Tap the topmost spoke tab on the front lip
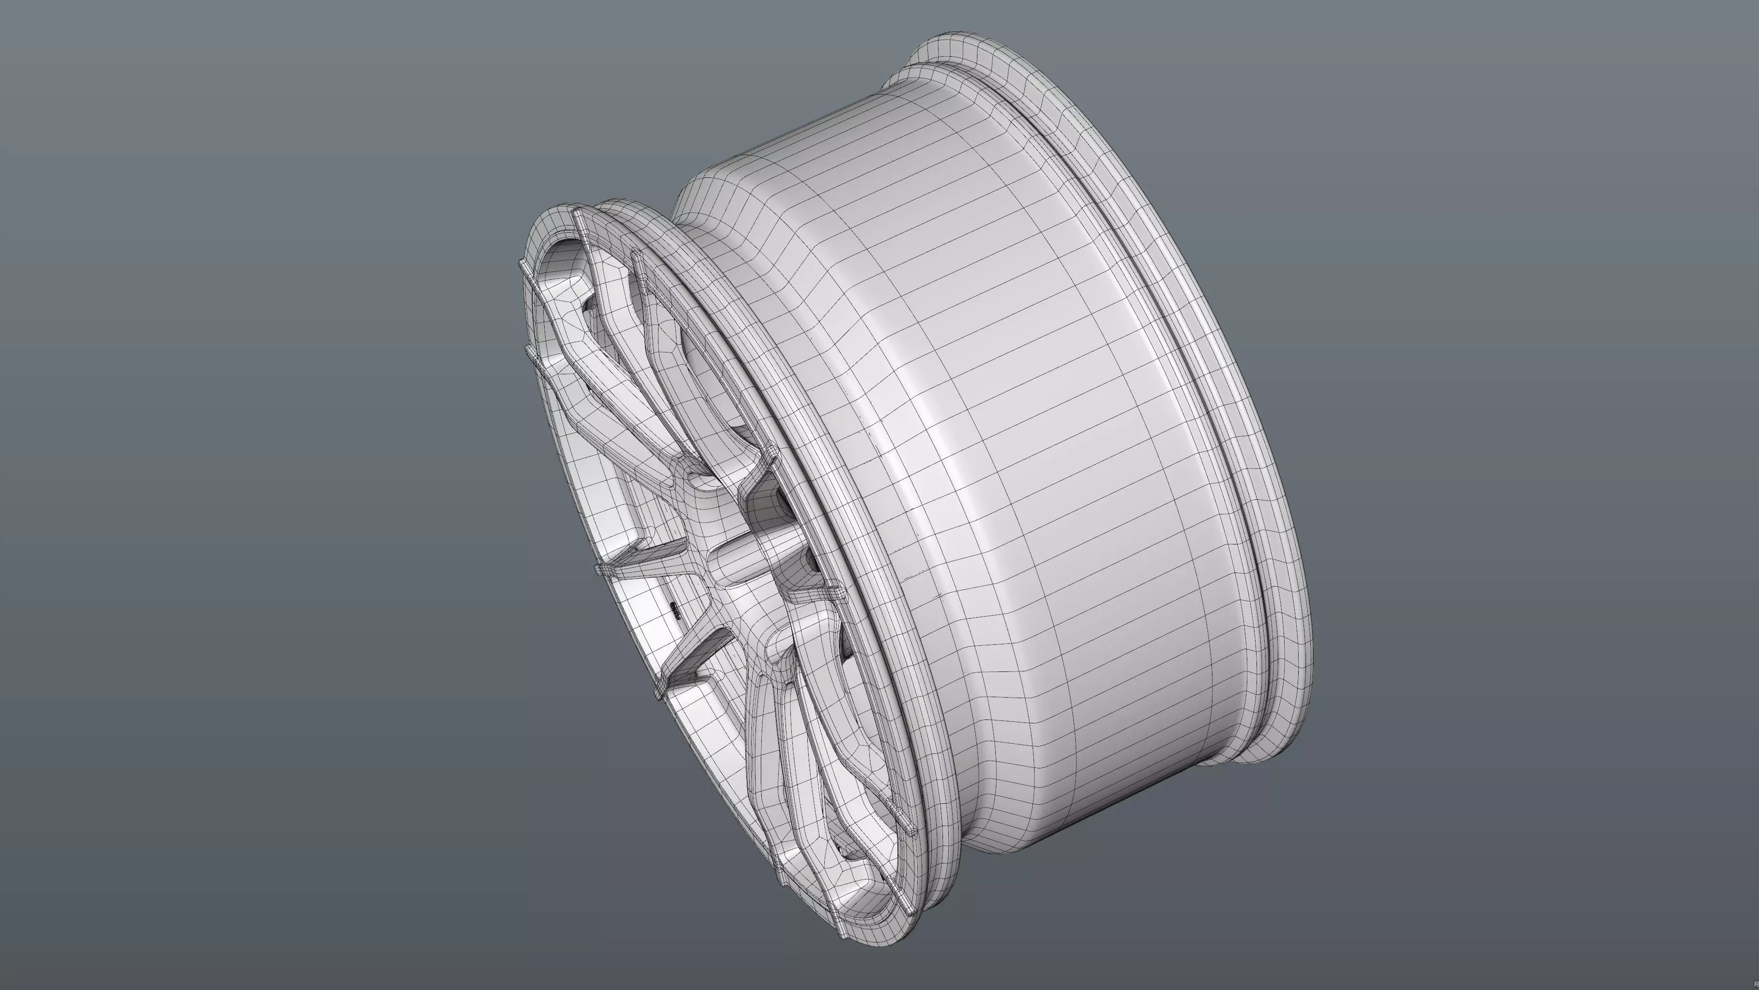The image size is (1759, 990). click(579, 216)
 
